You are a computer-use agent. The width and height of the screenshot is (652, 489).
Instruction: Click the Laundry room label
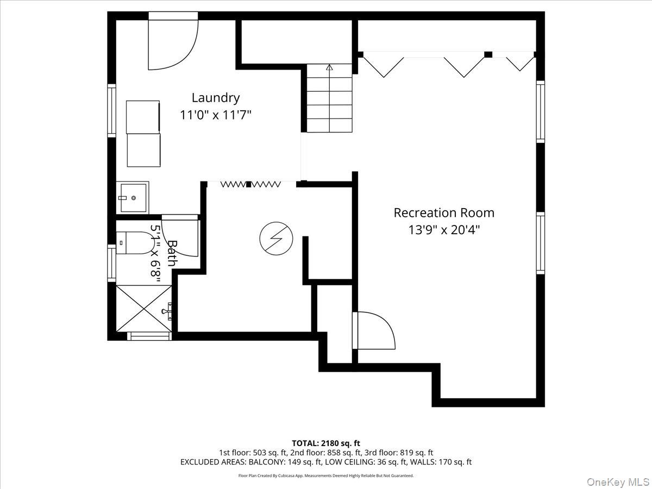[215, 98]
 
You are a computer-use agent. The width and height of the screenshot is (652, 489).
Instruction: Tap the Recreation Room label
[444, 212]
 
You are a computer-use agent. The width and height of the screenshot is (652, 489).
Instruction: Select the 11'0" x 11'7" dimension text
[215, 115]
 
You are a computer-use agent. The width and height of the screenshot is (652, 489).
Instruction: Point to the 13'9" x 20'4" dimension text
[444, 230]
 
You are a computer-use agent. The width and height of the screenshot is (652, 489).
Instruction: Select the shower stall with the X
[144, 308]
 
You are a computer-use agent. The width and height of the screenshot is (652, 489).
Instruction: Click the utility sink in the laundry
[133, 197]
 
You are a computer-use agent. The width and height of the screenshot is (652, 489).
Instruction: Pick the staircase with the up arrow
[329, 98]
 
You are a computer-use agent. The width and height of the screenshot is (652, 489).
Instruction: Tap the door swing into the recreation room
[374, 330]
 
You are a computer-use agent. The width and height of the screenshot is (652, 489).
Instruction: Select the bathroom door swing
[181, 236]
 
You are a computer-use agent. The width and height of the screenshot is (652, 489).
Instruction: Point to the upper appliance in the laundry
[143, 116]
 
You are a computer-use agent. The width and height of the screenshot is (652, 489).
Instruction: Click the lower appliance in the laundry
[143, 151]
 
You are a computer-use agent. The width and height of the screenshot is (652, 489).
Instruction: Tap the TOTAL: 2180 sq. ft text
[325, 443]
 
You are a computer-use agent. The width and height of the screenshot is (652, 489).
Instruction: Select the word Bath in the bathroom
[172, 253]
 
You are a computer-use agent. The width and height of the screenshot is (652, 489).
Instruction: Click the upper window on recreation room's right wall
[540, 111]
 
